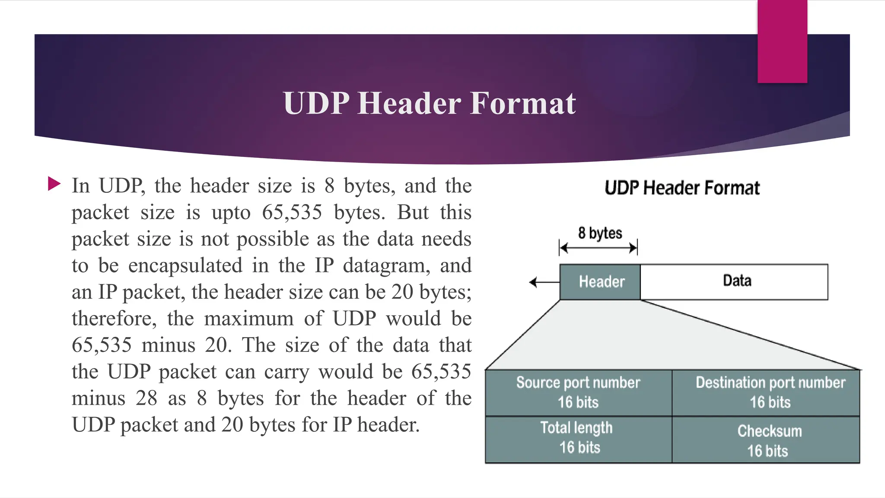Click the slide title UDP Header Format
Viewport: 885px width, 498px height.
pos(429,104)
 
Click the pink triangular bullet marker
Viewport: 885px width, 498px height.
pos(54,184)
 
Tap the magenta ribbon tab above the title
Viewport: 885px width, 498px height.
pos(782,41)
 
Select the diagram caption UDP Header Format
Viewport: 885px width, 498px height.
pos(682,188)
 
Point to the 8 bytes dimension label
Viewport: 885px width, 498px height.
pos(600,233)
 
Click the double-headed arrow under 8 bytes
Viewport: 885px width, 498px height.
pos(598,248)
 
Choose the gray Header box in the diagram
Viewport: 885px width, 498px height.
pos(600,282)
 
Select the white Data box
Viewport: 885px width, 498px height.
pos(735,282)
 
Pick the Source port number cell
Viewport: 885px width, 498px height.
pos(578,393)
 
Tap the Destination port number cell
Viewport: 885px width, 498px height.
pos(766,393)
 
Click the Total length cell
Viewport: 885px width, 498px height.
pos(578,438)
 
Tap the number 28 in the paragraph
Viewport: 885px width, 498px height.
pos(146,398)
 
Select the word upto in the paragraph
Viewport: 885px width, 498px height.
pos(231,213)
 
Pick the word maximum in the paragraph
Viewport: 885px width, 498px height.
pos(248,319)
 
